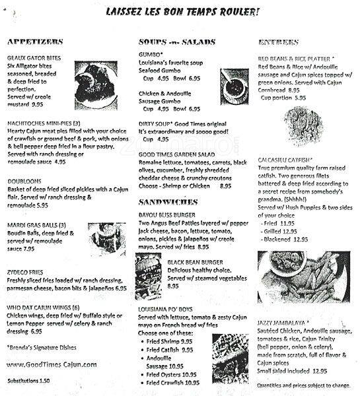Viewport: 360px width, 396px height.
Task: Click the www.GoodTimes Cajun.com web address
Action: [52, 364]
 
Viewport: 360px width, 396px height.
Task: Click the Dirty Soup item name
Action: [156, 123]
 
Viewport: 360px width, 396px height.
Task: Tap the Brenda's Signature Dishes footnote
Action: [40, 347]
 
